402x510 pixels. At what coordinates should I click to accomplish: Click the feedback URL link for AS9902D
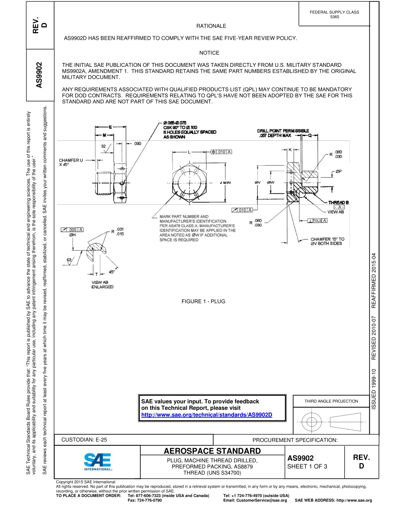pyautogui.click(x=207, y=414)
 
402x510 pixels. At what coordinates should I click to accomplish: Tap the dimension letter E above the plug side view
pyautogui.click(x=110, y=126)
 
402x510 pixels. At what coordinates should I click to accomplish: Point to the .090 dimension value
pyautogui.click(x=138, y=144)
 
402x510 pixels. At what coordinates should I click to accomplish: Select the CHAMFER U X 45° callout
pyautogui.click(x=71, y=162)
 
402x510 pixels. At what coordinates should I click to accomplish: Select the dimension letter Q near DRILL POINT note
pyautogui.click(x=309, y=136)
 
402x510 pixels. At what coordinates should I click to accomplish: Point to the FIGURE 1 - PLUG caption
pyautogui.click(x=203, y=302)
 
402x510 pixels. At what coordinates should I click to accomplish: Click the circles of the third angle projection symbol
pyautogui.click(x=311, y=421)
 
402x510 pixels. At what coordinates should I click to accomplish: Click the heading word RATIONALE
pyautogui.click(x=209, y=26)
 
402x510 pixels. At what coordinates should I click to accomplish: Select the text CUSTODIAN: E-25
pyautogui.click(x=84, y=440)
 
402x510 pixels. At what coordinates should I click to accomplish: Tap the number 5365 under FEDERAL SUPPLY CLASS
pyautogui.click(x=334, y=16)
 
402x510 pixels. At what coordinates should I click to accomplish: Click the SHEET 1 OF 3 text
pyautogui.click(x=307, y=467)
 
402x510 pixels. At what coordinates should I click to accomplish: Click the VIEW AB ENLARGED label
pyautogui.click(x=102, y=284)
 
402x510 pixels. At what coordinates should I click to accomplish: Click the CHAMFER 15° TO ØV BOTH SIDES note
pyautogui.click(x=327, y=241)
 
